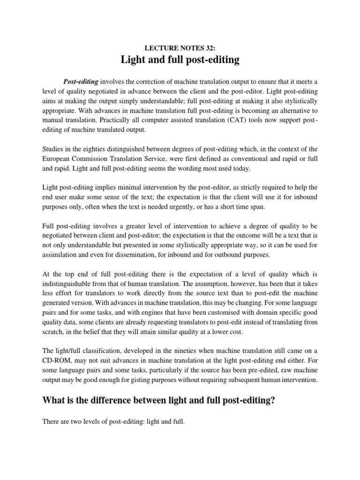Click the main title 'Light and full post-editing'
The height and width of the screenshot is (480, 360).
click(x=180, y=60)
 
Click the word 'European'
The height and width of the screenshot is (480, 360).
click(x=57, y=159)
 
